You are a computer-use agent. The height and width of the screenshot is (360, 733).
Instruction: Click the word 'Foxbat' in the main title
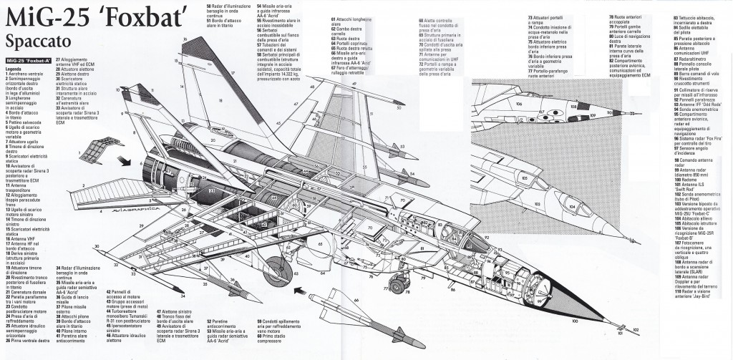[x=122, y=14]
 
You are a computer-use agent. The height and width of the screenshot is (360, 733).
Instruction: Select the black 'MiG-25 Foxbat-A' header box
[x=31, y=61]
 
